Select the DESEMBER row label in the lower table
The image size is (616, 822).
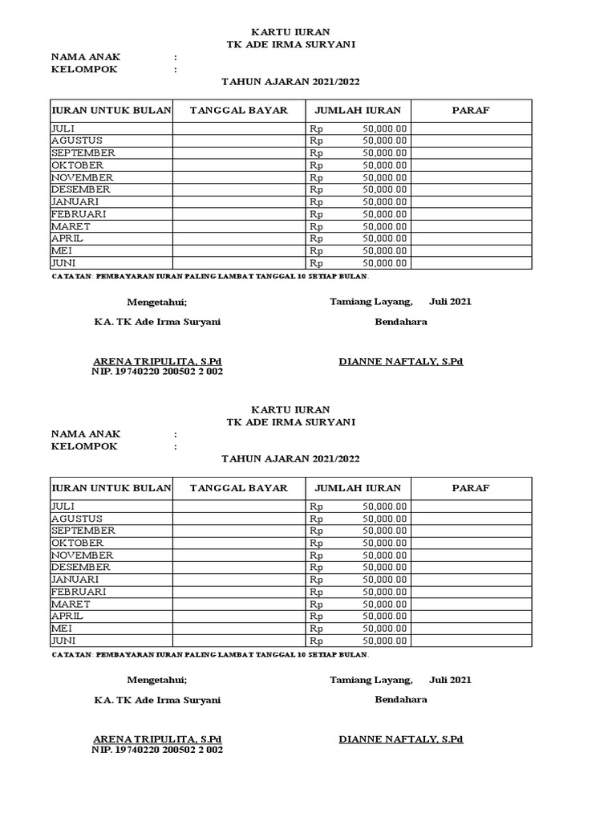point(80,568)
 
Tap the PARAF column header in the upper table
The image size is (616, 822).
point(471,110)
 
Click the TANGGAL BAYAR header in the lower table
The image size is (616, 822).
point(239,488)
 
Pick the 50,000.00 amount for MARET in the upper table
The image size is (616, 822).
point(385,226)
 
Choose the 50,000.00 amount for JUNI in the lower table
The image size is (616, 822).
point(385,641)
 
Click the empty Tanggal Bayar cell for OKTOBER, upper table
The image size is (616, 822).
point(239,165)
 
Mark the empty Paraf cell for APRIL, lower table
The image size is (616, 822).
point(471,616)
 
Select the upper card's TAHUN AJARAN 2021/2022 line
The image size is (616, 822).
point(290,81)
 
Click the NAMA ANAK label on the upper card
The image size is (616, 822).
point(86,57)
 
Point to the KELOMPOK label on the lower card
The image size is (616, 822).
point(84,446)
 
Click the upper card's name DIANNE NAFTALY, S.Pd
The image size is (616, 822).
point(401,361)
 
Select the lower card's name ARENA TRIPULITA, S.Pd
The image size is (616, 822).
point(157,739)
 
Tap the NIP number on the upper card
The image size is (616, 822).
point(157,372)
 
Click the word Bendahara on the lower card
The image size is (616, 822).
point(401,699)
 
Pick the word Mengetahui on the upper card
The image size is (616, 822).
point(156,302)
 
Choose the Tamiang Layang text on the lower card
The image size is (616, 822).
point(371,680)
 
